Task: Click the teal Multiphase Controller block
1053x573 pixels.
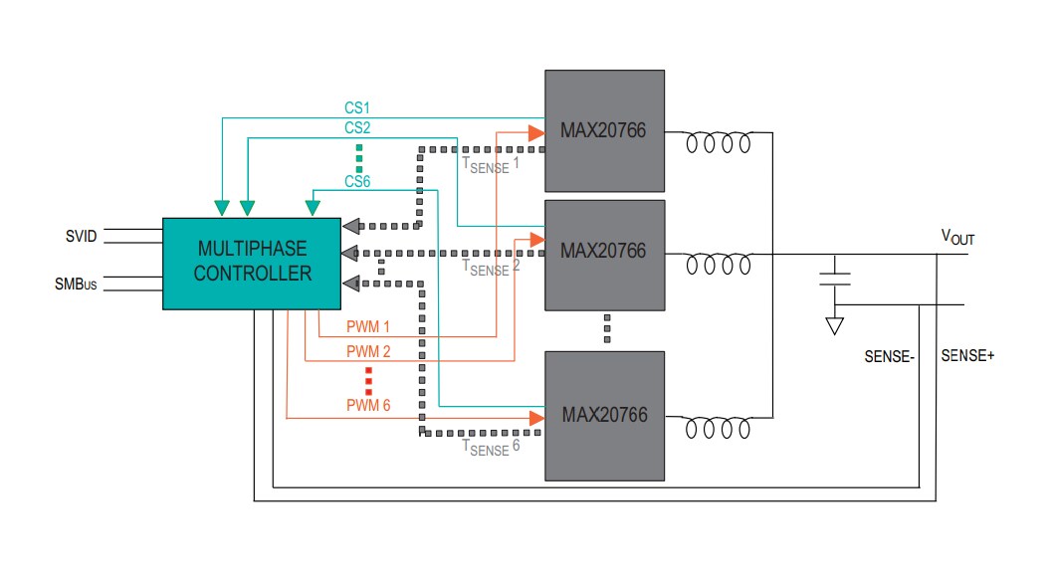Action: (252, 262)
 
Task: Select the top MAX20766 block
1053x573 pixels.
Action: (604, 130)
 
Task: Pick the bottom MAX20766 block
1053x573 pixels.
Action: (604, 415)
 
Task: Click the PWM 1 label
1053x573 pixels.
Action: (368, 326)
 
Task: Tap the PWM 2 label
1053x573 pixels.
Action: (368, 351)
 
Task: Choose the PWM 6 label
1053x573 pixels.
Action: (368, 405)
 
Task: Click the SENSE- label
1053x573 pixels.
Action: (889, 355)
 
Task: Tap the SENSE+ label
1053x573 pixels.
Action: (967, 355)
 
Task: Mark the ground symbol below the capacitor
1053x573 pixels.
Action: (835, 325)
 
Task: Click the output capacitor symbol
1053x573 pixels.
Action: (835, 276)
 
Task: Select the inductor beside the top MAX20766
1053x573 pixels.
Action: (718, 144)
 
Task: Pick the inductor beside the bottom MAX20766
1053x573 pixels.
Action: (718, 428)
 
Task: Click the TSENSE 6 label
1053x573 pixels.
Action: (492, 448)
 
